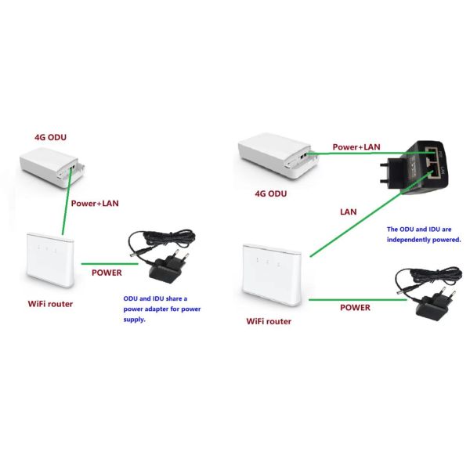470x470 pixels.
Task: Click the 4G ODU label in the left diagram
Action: coord(50,138)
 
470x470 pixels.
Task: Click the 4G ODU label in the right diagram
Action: coord(271,193)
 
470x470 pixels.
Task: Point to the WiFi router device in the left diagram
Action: coord(50,260)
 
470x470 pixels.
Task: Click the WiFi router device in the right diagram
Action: coord(272,275)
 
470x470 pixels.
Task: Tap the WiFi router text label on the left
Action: coord(50,304)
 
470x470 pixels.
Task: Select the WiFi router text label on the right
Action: coord(269,321)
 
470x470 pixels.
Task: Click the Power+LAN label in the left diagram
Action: coord(95,204)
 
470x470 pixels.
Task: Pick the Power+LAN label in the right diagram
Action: coord(356,147)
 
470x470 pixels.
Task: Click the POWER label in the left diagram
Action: coord(107,273)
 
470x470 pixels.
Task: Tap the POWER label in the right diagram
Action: coord(355,308)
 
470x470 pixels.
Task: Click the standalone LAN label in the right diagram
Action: coord(349,212)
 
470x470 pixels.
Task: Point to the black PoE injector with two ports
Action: coord(415,168)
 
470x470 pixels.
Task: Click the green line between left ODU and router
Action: coord(67,201)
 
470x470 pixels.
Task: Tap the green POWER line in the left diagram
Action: coord(110,264)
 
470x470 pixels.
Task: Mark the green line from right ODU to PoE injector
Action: coord(371,154)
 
